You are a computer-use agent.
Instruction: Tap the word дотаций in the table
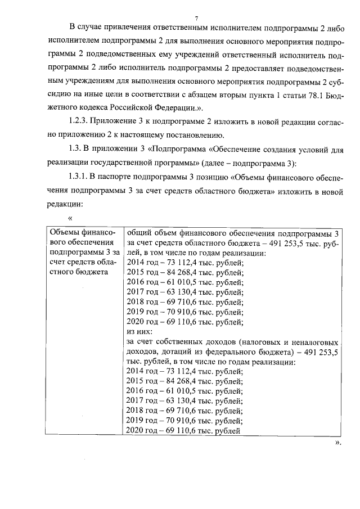click(x=175, y=352)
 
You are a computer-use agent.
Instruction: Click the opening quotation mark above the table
click(x=70, y=218)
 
